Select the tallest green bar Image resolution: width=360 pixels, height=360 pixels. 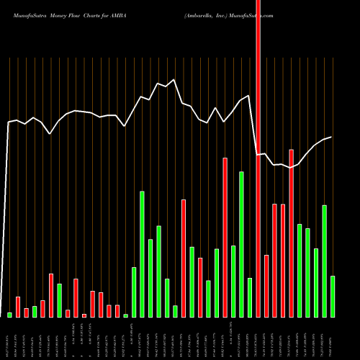click(242, 244)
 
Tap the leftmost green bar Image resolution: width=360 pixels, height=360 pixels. click(10, 315)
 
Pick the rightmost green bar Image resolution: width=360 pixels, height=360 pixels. click(333, 296)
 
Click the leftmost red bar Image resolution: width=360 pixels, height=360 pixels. click(18, 307)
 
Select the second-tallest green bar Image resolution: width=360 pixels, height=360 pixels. click(143, 253)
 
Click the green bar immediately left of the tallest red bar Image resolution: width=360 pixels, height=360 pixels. click(250, 297)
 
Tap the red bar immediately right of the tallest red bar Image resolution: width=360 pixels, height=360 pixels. click(266, 286)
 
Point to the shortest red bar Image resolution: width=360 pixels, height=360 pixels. click(84, 315)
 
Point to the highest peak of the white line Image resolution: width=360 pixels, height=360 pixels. click(174, 80)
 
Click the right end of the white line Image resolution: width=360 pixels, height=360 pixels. click(331, 137)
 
